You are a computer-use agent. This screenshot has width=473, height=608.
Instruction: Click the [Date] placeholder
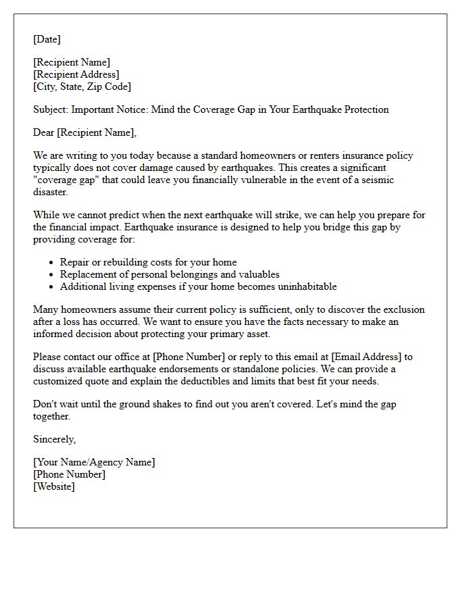[x=47, y=39]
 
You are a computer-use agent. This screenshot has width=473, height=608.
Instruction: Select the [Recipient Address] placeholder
[x=76, y=74]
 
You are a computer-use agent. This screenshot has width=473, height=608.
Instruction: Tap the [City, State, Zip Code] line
[x=82, y=86]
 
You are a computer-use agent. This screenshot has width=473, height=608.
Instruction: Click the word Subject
[x=50, y=109]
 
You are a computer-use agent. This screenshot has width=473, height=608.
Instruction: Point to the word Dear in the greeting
[x=44, y=132]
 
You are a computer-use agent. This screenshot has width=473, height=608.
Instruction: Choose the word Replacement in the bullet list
[x=88, y=274]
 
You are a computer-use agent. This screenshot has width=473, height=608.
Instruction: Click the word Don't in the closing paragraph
[x=45, y=404]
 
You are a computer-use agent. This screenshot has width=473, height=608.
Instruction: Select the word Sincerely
[x=54, y=439]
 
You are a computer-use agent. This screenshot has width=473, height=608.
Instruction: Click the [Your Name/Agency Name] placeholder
[x=94, y=462]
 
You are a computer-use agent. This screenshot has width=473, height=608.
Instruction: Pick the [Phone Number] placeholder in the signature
[x=69, y=474]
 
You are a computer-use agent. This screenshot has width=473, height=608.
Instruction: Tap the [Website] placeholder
[x=54, y=486]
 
